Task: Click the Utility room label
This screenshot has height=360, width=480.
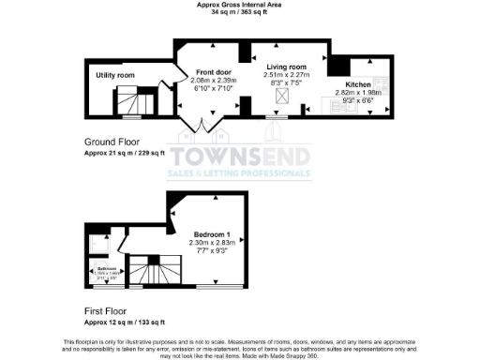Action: click(114, 75)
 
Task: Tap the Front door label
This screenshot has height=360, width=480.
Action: click(213, 71)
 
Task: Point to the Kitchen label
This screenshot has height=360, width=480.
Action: click(359, 84)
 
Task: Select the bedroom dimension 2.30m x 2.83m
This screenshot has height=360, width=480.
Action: click(213, 242)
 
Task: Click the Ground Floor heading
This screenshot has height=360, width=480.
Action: click(110, 142)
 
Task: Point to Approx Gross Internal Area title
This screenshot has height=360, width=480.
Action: click(239, 5)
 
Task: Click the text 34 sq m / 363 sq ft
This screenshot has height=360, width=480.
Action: click(239, 13)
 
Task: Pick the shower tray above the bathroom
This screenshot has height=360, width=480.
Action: click(97, 242)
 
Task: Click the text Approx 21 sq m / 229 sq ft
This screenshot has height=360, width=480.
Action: click(124, 152)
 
